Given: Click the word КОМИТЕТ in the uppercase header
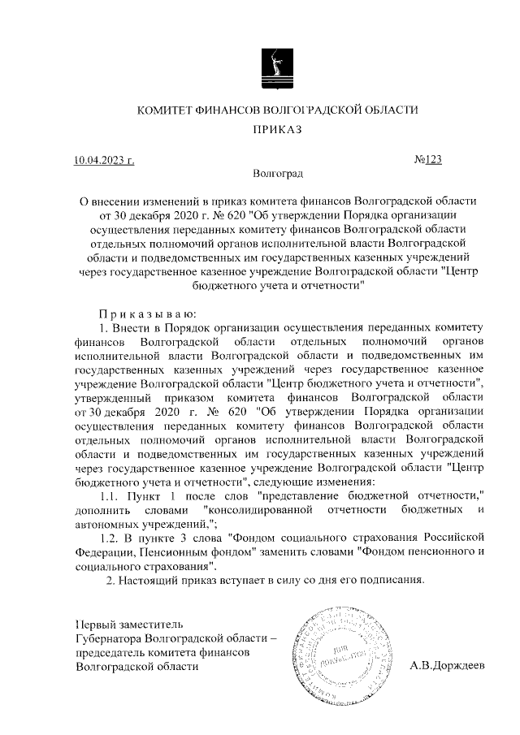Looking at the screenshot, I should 166,110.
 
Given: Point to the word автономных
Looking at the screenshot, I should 106,524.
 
